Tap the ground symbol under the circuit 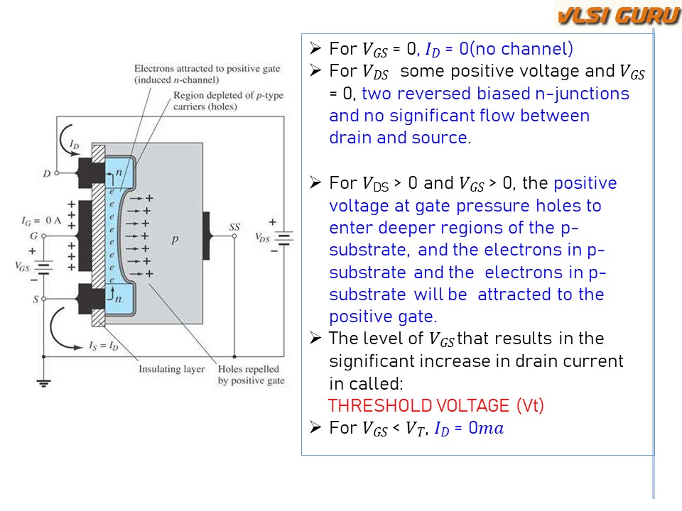pyautogui.click(x=44, y=383)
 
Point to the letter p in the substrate pyautogui.click(x=175, y=241)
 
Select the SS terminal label pyautogui.click(x=234, y=227)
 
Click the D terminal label pyautogui.click(x=46, y=173)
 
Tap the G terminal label pyautogui.click(x=32, y=235)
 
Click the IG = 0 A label pyautogui.click(x=41, y=220)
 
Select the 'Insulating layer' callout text pyautogui.click(x=171, y=369)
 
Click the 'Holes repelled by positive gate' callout pyautogui.click(x=251, y=375)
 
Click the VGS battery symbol pyautogui.click(x=44, y=268)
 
